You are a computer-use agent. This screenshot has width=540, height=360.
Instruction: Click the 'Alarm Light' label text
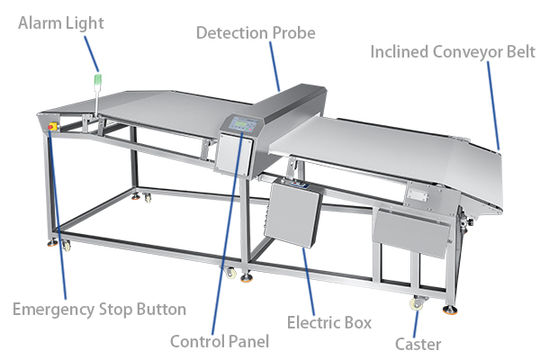coord(61,23)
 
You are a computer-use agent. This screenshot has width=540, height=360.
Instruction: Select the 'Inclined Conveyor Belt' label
coord(453,52)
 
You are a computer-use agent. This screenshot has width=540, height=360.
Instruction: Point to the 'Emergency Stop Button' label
coord(99,310)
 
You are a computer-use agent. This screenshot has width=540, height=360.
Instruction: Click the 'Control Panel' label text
coord(219,341)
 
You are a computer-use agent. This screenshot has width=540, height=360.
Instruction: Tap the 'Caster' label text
coord(418,343)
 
